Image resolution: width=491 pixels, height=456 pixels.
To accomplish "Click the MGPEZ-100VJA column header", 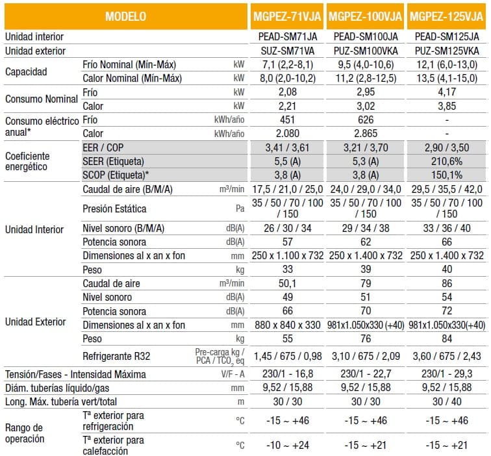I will (366, 16).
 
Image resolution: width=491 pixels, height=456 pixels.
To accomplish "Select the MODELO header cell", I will (125, 16).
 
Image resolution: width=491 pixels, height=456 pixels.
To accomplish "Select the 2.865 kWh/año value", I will (366, 133).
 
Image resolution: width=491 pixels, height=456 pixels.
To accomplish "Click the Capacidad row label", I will (26, 71).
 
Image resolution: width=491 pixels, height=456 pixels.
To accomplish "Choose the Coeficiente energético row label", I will (27, 161).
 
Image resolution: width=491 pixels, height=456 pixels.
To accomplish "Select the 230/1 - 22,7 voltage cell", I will (366, 374).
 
